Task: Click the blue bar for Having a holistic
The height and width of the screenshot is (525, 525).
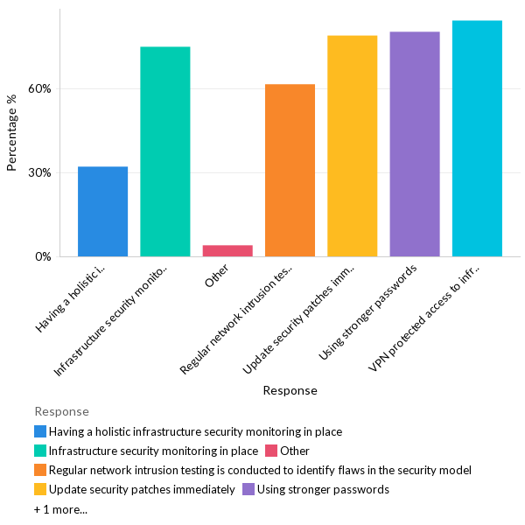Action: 102,212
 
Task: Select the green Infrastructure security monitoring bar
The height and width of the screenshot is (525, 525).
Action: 165,151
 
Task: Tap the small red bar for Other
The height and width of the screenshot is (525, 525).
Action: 227,250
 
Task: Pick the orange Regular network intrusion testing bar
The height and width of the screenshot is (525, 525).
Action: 290,171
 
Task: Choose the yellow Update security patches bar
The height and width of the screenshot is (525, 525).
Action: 352,146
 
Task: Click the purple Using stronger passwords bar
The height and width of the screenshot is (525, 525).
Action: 415,144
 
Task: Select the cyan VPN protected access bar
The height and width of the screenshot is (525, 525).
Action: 477,138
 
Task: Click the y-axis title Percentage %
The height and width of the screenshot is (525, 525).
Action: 12,133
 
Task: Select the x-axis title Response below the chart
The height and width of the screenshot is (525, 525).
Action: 290,390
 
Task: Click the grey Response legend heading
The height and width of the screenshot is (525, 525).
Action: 61,411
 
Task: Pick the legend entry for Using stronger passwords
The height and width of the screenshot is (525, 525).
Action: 323,489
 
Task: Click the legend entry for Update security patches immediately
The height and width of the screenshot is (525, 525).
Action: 141,489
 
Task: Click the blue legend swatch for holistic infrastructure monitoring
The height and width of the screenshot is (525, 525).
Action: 40,431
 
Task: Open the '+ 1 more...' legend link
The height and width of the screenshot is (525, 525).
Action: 60,508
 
